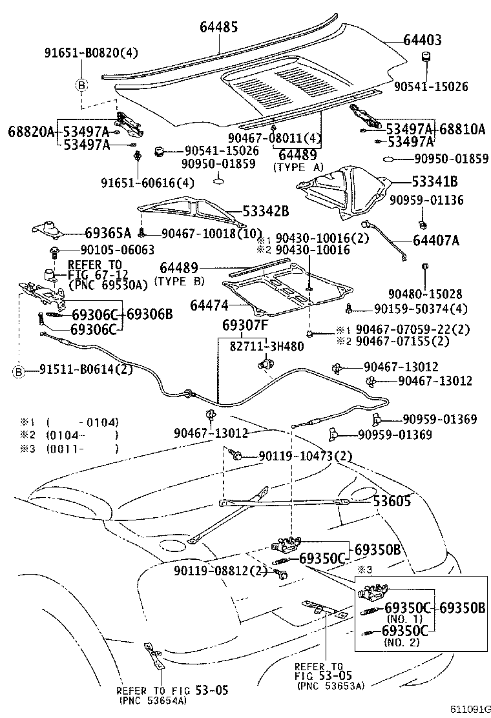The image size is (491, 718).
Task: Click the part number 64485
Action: [218, 27]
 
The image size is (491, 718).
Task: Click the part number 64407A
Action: [436, 241]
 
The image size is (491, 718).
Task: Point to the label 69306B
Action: [150, 314]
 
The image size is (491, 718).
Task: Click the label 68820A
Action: [31, 131]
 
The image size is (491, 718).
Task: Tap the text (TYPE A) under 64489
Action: [298, 167]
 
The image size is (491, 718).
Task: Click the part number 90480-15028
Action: [424, 294]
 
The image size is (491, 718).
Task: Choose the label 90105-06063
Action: [109, 250]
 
